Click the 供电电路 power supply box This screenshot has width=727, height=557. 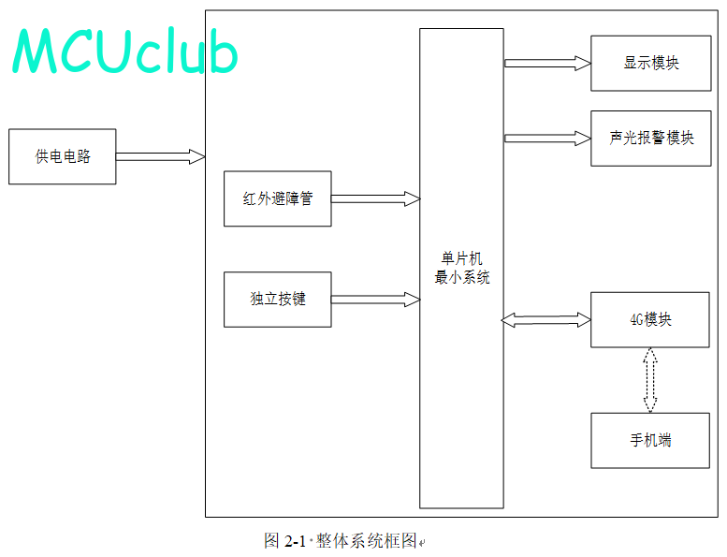[x=62, y=156]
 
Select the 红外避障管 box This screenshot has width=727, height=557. [x=277, y=198]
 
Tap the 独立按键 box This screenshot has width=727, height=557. [x=277, y=300]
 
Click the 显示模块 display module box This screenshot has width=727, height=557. [x=651, y=63]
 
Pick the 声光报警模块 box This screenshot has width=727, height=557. [x=651, y=139]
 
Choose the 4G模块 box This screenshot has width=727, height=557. [x=650, y=319]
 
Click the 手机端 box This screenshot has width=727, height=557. [x=650, y=440]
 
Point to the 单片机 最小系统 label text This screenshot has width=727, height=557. [x=462, y=268]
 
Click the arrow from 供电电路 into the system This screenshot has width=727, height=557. [x=160, y=156]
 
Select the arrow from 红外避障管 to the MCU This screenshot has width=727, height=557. [x=375, y=198]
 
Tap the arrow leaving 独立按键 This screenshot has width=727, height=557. [x=375, y=300]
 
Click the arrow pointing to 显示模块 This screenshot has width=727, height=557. [x=547, y=63]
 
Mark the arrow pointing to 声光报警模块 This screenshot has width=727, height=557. [x=547, y=139]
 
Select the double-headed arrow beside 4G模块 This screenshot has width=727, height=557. [x=546, y=319]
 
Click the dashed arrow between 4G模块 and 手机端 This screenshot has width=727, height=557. [x=650, y=380]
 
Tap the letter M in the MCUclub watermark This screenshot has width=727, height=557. [x=37, y=51]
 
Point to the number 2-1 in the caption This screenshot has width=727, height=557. [x=295, y=541]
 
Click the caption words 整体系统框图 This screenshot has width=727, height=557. [x=366, y=541]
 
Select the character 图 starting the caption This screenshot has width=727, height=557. [x=271, y=541]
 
